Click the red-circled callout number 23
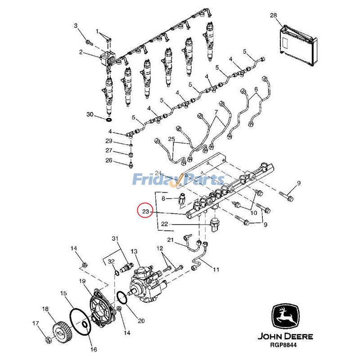145,211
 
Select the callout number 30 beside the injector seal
90,115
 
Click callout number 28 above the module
274,16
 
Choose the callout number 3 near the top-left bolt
76,26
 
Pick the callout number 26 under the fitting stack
108,160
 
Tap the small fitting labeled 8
181,199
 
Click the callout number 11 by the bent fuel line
216,270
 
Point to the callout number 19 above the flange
82,281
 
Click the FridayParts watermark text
178,180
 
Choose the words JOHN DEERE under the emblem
285,336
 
